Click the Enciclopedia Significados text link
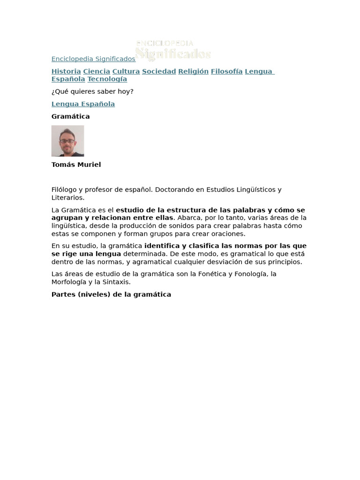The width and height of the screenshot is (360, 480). tap(93, 59)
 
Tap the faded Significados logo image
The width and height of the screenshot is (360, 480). tap(173, 50)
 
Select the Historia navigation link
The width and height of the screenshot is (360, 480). tap(66, 71)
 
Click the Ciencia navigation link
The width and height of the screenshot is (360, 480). tap(97, 71)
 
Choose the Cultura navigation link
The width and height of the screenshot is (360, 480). tap(126, 71)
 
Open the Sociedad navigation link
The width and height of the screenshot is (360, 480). tap(159, 71)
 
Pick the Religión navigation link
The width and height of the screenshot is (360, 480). tap(193, 71)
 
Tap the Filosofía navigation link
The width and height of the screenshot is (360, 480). tap(226, 71)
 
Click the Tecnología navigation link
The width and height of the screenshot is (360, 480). tap(107, 79)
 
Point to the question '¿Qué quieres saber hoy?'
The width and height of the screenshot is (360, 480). tap(92, 91)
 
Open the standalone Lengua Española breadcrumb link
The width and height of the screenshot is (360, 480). tap(83, 104)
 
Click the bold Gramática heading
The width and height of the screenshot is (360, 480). tap(70, 116)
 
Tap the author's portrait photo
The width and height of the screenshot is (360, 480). tap(67, 141)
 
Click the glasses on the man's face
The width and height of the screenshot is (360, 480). tap(67, 140)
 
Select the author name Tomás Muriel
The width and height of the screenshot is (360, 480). tap(76, 165)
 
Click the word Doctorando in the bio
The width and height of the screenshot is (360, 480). tap(173, 190)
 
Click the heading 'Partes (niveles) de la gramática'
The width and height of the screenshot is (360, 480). tap(111, 294)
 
